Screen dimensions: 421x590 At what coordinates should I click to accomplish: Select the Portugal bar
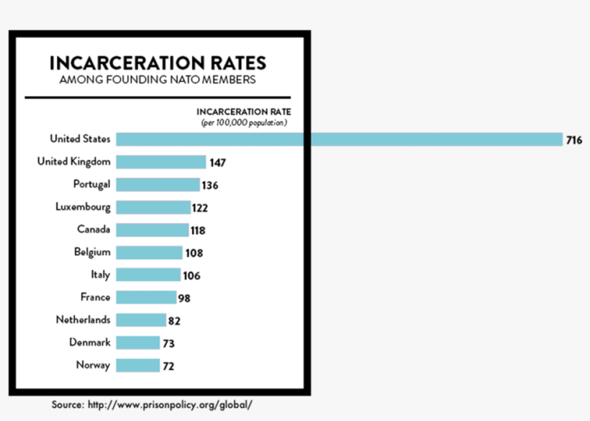pyautogui.click(x=158, y=185)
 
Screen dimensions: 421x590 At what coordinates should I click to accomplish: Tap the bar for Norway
pyautogui.click(x=137, y=366)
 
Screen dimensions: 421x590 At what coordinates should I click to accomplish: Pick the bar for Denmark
pyautogui.click(x=137, y=343)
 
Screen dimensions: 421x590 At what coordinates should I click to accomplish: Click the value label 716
pyautogui.click(x=573, y=140)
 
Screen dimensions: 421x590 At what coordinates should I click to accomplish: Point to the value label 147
pyautogui.click(x=218, y=163)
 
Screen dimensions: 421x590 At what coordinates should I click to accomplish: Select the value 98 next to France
pyautogui.click(x=184, y=298)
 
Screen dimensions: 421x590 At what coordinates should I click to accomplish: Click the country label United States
pyautogui.click(x=80, y=139)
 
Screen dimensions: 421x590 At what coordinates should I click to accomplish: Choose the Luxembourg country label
pyautogui.click(x=83, y=207)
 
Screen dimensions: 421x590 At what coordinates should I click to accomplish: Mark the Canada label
pyautogui.click(x=94, y=229)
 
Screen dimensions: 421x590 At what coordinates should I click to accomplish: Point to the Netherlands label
pyautogui.click(x=83, y=320)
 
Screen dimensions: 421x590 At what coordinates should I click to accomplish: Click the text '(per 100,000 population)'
pyautogui.click(x=244, y=123)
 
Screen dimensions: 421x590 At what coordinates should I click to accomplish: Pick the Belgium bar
pyautogui.click(x=149, y=252)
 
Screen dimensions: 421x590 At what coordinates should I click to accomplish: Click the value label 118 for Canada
pyautogui.click(x=198, y=231)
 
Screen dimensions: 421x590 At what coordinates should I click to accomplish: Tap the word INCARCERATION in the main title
pyautogui.click(x=117, y=63)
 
